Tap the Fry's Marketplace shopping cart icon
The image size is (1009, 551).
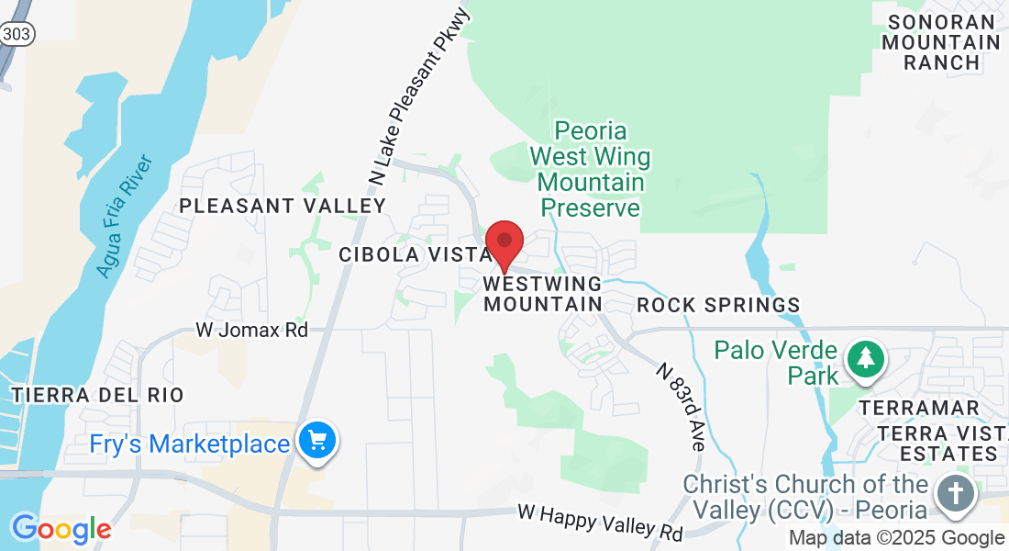(x=317, y=441)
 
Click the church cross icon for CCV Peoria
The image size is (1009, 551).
(x=956, y=493)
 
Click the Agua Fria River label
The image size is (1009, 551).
(x=124, y=218)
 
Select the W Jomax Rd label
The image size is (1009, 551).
(x=252, y=330)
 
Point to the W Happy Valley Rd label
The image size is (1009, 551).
(x=600, y=522)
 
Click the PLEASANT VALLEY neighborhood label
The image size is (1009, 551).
(x=283, y=206)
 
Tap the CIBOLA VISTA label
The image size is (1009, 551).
(x=405, y=255)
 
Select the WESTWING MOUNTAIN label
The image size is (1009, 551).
(x=542, y=294)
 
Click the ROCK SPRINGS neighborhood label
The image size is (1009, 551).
(x=718, y=305)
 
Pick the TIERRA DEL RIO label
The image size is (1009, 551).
(x=98, y=395)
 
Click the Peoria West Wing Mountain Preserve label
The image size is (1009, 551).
(x=590, y=169)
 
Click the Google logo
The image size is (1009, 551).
(x=61, y=529)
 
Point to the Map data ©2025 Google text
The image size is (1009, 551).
(x=897, y=538)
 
